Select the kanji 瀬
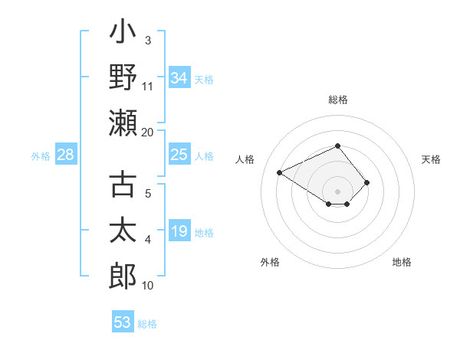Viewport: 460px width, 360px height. click(123, 123)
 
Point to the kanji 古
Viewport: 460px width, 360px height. click(123, 185)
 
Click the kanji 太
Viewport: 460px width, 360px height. click(123, 231)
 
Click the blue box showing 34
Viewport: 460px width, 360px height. click(179, 78)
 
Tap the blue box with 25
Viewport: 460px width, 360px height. click(179, 155)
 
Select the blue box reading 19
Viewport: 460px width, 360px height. click(179, 231)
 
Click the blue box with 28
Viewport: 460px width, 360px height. click(65, 155)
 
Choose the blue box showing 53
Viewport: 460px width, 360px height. click(123, 322)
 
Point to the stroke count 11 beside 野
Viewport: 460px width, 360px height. click(148, 86)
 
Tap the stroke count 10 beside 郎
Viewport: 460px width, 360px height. click(148, 285)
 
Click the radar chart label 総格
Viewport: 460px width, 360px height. click(337, 100)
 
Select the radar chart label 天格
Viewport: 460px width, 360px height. click(431, 159)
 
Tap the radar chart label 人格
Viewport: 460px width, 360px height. click(245, 159)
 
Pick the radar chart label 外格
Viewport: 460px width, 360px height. click(270, 262)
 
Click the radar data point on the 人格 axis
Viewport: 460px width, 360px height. click(281, 172)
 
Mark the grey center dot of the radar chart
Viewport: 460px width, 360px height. click(337, 191)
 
